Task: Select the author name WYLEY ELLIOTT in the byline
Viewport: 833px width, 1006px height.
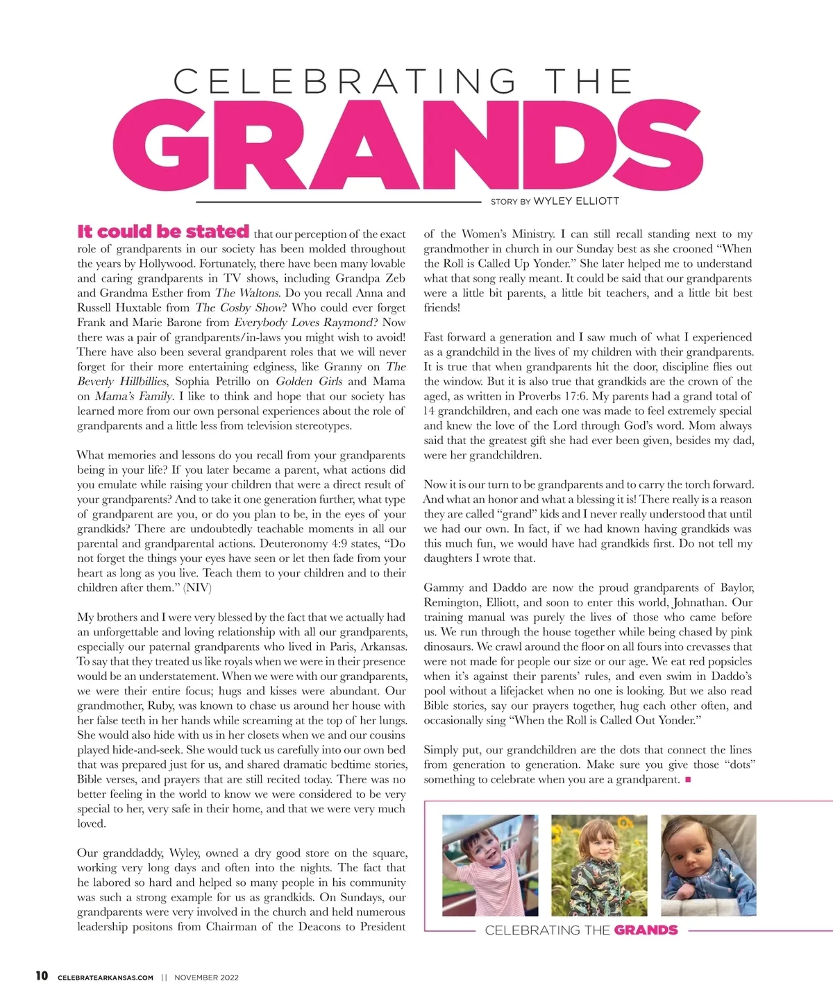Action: pyautogui.click(x=575, y=201)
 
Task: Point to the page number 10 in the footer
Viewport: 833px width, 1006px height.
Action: pyautogui.click(x=42, y=975)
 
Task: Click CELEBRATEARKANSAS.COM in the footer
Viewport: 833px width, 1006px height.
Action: pyautogui.click(x=106, y=978)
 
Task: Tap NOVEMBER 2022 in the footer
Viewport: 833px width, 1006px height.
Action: pyautogui.click(x=206, y=978)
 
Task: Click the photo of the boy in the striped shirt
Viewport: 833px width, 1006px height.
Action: pyautogui.click(x=490, y=864)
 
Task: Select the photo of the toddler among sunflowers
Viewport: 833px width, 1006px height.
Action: pyautogui.click(x=599, y=864)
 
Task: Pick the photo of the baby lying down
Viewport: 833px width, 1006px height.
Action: pyautogui.click(x=708, y=864)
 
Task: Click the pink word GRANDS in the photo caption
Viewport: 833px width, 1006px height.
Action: pyautogui.click(x=646, y=930)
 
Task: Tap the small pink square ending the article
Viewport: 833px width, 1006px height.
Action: pyautogui.click(x=688, y=780)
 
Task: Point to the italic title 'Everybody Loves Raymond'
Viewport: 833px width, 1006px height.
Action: pyautogui.click(x=303, y=323)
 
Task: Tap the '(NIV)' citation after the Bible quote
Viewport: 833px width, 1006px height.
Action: pyautogui.click(x=197, y=588)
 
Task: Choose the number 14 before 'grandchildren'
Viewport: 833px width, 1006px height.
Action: pyautogui.click(x=429, y=411)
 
